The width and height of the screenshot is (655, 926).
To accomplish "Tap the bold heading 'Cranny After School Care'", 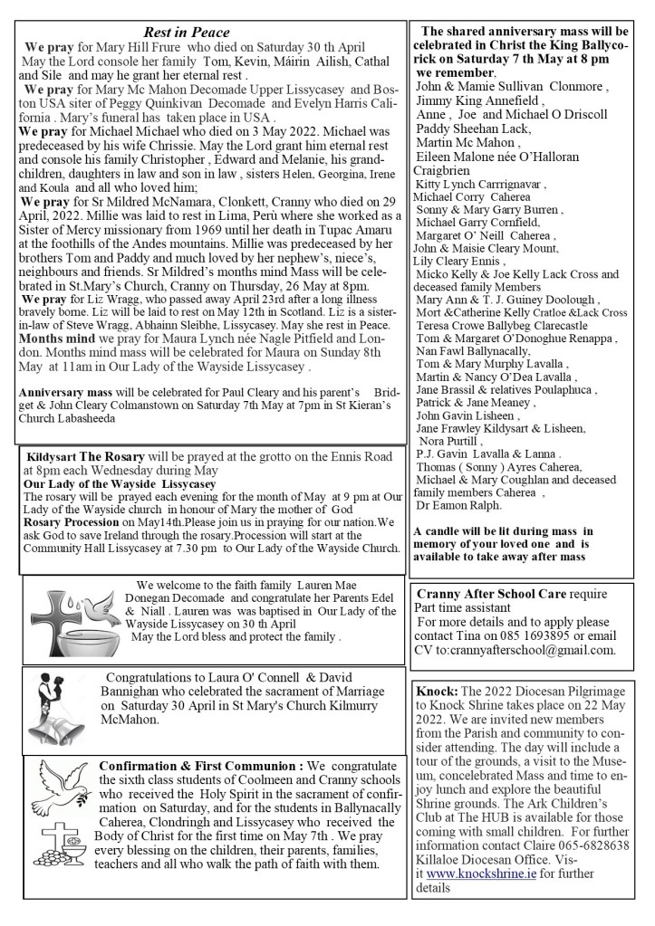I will [491, 594].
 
